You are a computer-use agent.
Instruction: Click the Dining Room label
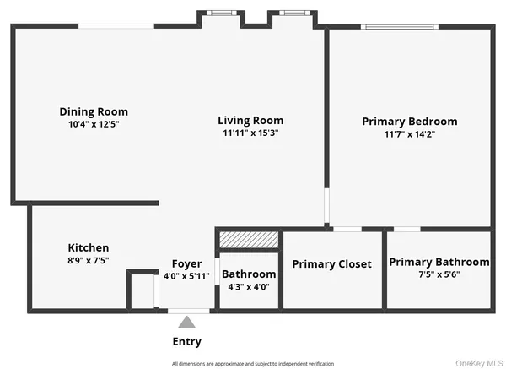94,111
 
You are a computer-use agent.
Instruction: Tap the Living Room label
250,120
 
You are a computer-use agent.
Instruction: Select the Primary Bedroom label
410,121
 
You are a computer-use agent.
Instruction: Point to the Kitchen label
89,247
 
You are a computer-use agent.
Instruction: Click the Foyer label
186,263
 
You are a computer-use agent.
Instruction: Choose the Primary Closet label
331,264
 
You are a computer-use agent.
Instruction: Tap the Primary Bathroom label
439,262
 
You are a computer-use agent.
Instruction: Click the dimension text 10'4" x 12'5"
94,124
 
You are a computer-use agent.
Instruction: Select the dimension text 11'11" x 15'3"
250,133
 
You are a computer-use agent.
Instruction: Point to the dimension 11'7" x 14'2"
410,133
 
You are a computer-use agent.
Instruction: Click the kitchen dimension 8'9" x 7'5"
89,260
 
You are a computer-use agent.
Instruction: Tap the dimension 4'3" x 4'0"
249,287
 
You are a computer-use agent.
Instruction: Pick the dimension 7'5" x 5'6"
439,274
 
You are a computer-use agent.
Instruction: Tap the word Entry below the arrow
186,341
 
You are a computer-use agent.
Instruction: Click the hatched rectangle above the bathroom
249,241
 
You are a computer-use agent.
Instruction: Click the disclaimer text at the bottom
253,363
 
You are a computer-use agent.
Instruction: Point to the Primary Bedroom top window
401,27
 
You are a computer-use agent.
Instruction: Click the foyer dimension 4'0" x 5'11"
186,276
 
